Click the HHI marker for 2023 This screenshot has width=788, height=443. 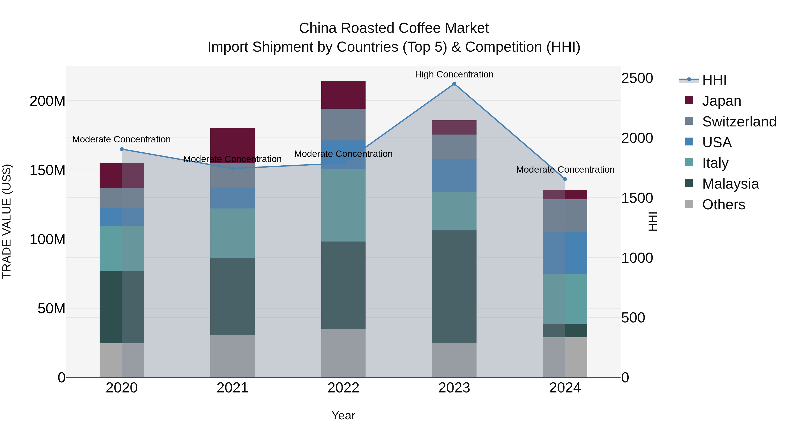[454, 84]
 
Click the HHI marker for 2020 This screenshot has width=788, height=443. [122, 149]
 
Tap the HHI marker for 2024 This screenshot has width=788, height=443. [565, 179]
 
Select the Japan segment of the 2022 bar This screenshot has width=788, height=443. [343, 95]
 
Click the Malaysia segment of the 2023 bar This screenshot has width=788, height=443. [454, 286]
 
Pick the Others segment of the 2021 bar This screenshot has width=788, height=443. [232, 356]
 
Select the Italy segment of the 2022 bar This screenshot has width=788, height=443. [343, 205]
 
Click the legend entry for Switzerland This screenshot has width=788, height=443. [739, 122]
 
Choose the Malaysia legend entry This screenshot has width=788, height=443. [730, 184]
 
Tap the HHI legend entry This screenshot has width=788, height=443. [714, 80]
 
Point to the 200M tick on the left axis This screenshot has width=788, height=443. [47, 101]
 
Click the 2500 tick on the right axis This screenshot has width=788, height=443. [637, 78]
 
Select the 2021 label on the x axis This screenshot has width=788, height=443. [232, 388]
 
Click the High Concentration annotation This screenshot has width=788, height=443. [454, 74]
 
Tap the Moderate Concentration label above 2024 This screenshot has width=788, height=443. [565, 169]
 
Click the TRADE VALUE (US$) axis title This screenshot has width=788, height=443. [7, 221]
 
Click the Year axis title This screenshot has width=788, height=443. [343, 415]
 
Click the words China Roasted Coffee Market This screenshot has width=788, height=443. [394, 28]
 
